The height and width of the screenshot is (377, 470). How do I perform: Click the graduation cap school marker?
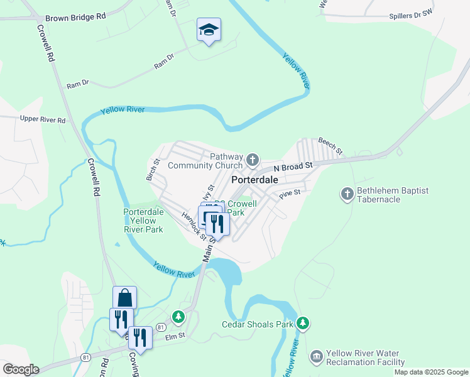[209, 30]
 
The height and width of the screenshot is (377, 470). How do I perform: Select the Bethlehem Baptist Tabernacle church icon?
[347, 194]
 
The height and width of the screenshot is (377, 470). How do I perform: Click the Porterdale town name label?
[254, 180]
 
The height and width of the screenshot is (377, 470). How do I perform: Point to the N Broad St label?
[292, 167]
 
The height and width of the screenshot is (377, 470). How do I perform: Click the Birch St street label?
[153, 170]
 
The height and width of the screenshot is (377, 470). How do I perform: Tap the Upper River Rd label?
[43, 119]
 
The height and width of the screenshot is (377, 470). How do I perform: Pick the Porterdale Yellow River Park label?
[143, 221]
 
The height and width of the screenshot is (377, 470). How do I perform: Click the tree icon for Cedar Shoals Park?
[303, 324]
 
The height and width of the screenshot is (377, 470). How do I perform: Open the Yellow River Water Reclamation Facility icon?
[317, 358]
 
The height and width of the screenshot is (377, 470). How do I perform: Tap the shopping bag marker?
[124, 297]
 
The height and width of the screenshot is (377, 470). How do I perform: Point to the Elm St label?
[173, 336]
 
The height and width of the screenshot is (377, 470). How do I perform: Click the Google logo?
[20, 369]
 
